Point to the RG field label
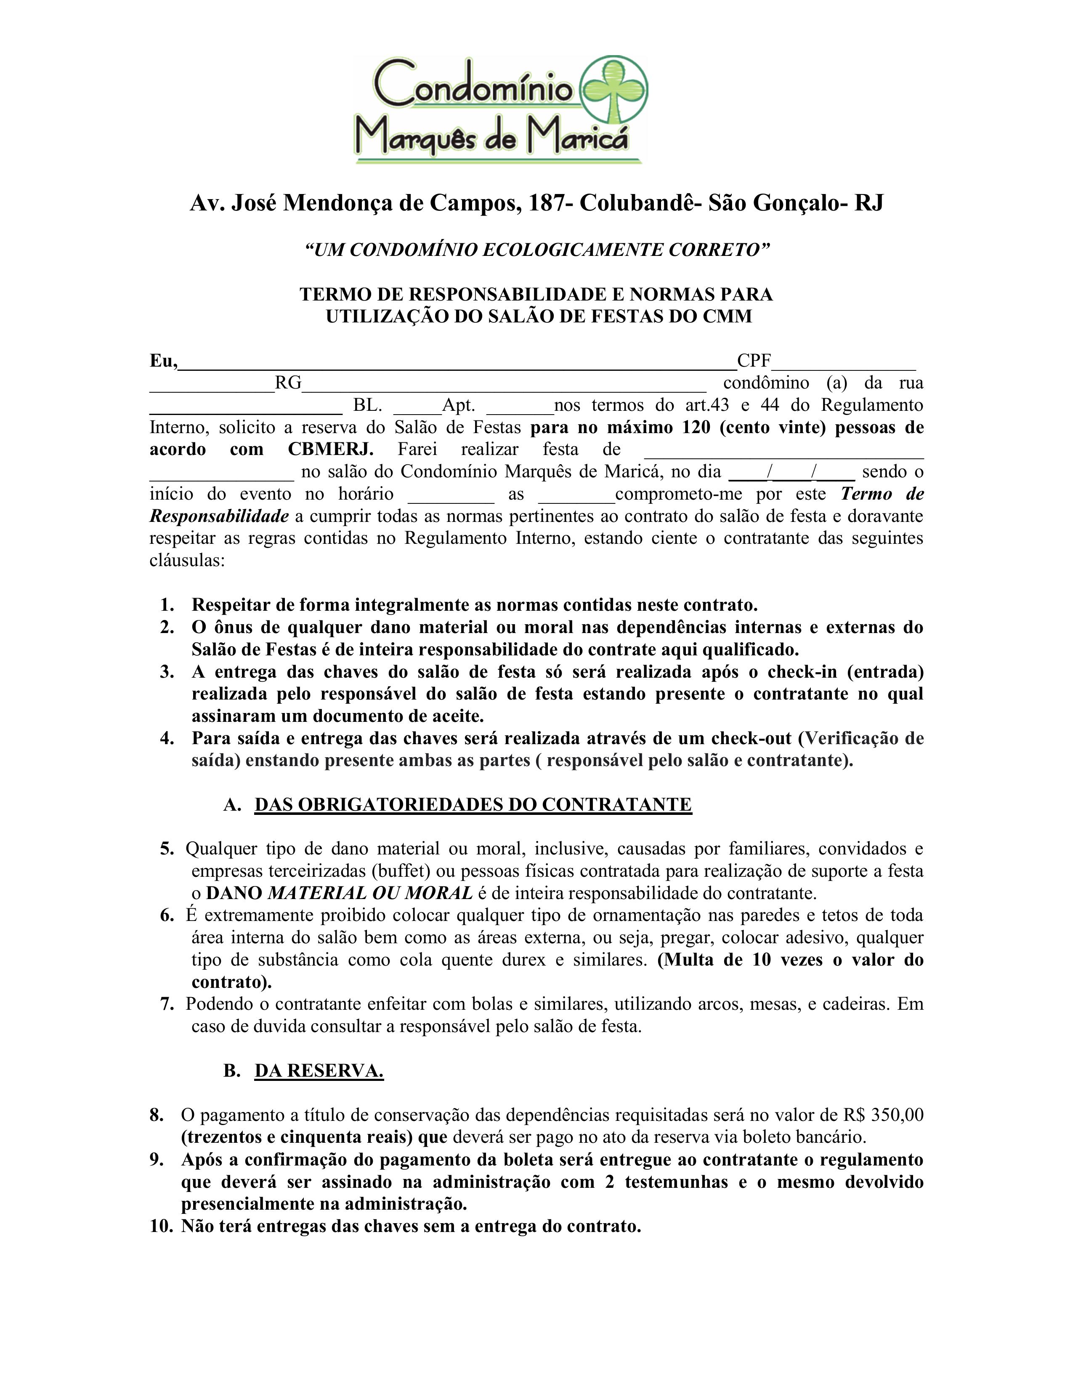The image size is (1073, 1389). [288, 383]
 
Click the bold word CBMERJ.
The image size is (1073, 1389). [331, 449]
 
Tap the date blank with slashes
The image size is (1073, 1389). [792, 473]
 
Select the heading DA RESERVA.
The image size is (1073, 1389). [319, 1071]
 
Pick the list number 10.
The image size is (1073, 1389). [162, 1226]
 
